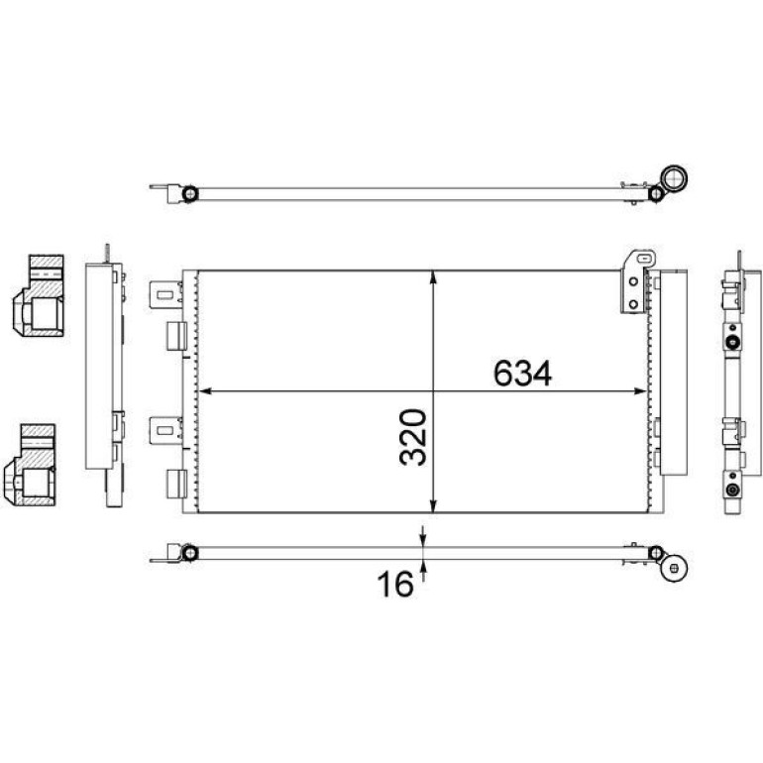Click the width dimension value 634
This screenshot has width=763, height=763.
[x=522, y=374]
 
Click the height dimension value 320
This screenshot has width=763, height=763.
[x=413, y=437]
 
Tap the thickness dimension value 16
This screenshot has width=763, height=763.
[x=395, y=585]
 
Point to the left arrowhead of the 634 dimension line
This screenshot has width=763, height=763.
[x=205, y=390]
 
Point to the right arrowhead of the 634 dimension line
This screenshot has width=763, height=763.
[x=640, y=390]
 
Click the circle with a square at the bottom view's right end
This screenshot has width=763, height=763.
[x=675, y=568]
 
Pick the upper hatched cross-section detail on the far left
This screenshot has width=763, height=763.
[x=39, y=296]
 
